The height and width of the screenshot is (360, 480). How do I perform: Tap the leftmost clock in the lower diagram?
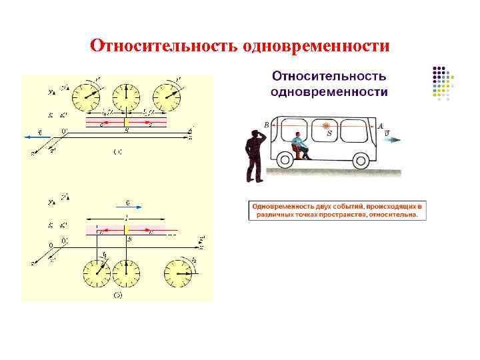coord(97,274)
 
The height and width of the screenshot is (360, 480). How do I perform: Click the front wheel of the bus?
coord(361,161)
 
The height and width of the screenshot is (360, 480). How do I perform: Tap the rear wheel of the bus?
coord(286,161)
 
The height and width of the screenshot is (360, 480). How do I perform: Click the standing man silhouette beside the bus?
coord(255,155)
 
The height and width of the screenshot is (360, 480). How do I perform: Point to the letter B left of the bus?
coord(267,125)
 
